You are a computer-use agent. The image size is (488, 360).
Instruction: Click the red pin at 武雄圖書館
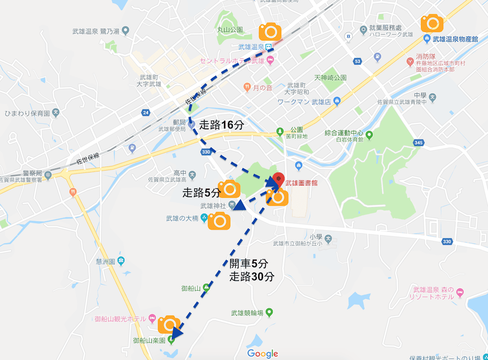point(278,179)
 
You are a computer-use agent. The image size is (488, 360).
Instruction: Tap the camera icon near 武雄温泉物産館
point(432,23)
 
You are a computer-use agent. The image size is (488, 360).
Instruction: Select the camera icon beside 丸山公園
point(269,32)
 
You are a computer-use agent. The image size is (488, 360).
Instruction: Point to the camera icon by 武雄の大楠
point(219,221)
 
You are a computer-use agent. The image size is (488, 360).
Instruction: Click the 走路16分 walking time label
point(222,125)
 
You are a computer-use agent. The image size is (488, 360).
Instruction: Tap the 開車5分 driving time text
point(249,264)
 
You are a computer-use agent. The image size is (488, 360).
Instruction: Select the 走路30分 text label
point(252,277)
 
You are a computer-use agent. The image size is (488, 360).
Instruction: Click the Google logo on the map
point(263,354)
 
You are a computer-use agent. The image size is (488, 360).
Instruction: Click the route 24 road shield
point(146,112)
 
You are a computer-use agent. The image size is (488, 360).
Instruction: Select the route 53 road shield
point(359,61)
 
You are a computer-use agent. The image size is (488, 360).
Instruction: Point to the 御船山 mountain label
point(191,288)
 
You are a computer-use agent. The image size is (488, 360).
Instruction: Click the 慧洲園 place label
point(106,261)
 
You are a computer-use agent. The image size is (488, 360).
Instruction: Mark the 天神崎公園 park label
point(330,78)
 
